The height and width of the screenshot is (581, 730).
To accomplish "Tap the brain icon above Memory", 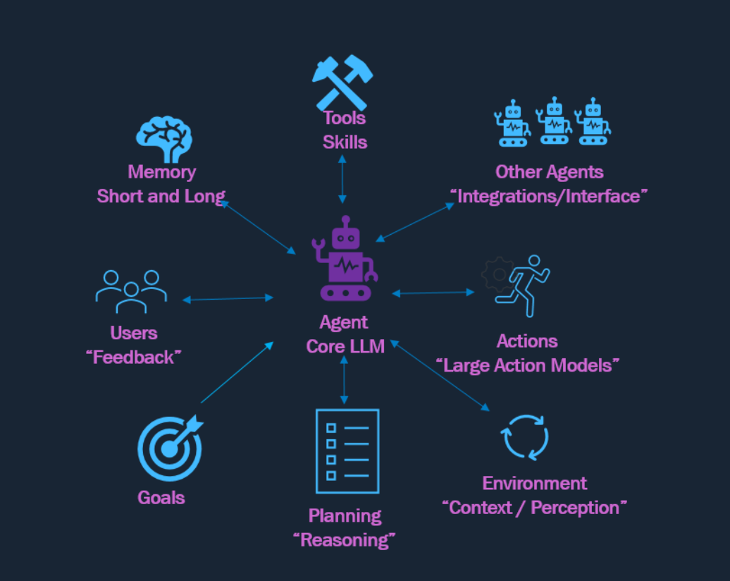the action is click(164, 139).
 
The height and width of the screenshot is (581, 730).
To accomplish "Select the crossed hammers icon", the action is click(342, 82).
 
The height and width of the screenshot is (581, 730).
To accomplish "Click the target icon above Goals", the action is click(170, 448).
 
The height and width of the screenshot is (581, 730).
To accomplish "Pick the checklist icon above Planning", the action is click(347, 451).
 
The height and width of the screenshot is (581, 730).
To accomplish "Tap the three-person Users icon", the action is click(131, 292).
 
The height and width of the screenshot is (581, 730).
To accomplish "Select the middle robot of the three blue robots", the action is click(554, 121).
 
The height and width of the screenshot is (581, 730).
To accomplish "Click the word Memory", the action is click(162, 172).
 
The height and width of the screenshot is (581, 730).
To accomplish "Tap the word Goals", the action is click(161, 498).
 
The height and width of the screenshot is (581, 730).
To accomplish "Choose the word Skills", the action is click(345, 142).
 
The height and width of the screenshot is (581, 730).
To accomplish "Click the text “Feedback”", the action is click(134, 357).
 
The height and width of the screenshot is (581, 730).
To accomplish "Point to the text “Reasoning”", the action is click(345, 540).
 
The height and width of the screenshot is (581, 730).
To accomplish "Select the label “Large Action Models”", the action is click(528, 365).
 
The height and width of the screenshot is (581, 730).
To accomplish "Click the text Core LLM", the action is click(345, 346).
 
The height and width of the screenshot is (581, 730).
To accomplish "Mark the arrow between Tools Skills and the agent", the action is click(342, 179).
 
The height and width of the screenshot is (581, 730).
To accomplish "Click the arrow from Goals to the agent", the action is click(237, 372).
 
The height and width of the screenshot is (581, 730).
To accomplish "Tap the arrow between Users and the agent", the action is click(228, 299).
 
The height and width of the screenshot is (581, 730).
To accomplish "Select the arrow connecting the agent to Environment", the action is click(440, 376).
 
